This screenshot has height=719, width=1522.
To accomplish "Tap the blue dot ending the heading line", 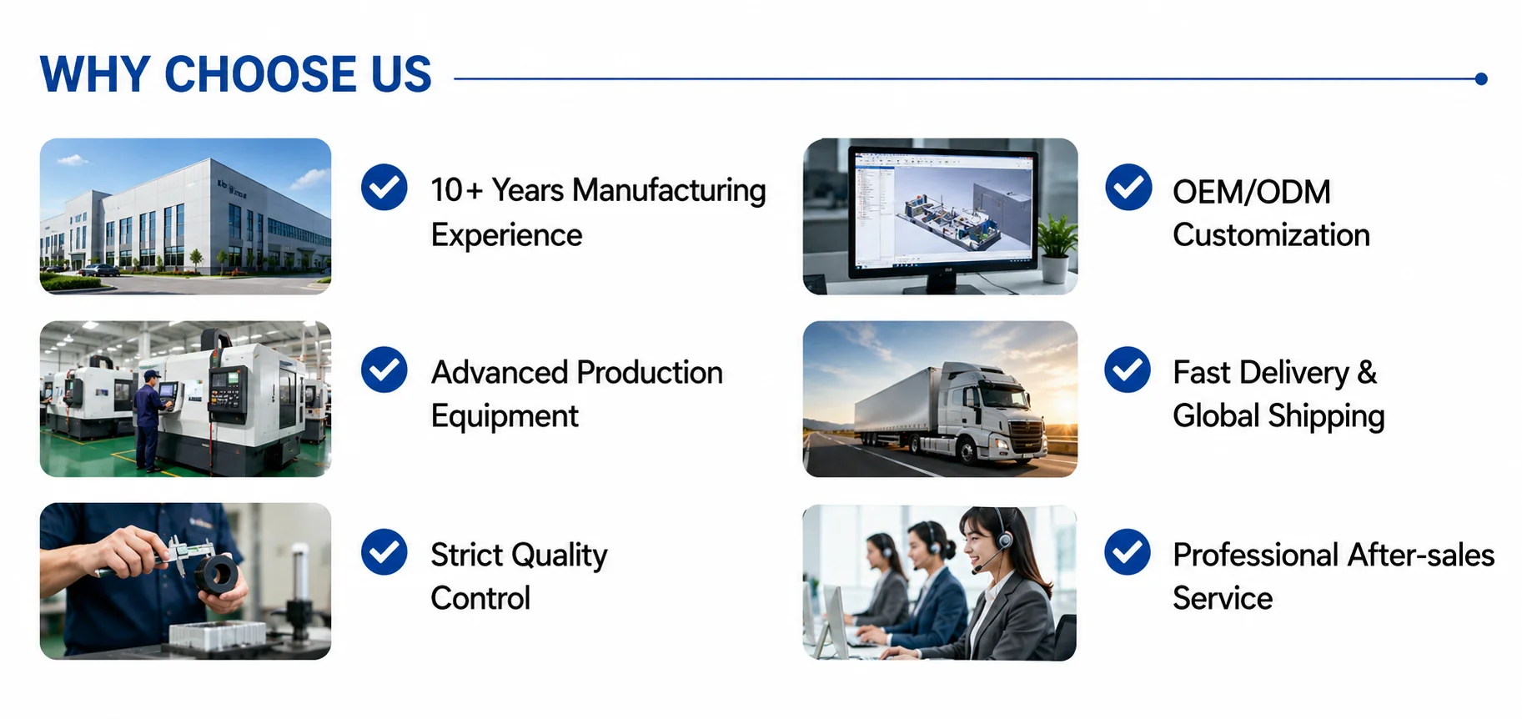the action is coord(1481,79).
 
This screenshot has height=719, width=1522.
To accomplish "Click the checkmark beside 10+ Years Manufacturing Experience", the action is coord(384,187).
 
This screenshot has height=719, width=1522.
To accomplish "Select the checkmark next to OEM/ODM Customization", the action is coord(1128,187).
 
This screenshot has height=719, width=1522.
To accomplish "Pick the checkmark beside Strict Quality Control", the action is coord(384,552).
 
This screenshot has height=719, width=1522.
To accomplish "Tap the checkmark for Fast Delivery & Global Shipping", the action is coord(1128,370).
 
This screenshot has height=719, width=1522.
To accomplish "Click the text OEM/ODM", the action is coord(1251,192).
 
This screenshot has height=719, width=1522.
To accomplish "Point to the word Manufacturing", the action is coord(669,191).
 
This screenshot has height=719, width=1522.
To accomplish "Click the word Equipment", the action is coord(505,416).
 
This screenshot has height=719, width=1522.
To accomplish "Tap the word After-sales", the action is coord(1421,555).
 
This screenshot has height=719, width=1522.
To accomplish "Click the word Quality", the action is coord(560,556).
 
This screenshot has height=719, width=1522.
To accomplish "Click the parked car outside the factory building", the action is coord(100,269).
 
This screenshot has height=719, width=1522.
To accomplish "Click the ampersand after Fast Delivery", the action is coord(1367,372).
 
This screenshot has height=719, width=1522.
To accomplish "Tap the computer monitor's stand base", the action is coord(942,286).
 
